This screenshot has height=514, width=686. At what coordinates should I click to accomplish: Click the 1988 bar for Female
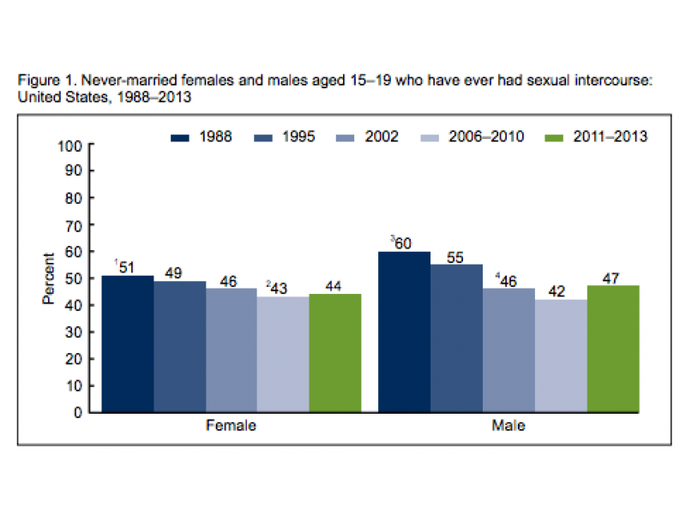pyautogui.click(x=128, y=344)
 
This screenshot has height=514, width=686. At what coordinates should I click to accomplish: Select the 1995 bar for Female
pyautogui.click(x=179, y=346)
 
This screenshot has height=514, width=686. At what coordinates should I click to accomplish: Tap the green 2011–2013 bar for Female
pyautogui.click(x=334, y=353)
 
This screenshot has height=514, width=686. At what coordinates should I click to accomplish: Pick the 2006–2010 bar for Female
pyautogui.click(x=283, y=354)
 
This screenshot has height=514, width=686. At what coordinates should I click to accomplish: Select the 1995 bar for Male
pyautogui.click(x=456, y=338)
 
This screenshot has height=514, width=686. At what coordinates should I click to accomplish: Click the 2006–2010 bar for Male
pyautogui.click(x=561, y=356)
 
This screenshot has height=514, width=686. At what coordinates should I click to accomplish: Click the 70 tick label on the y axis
pyautogui.click(x=74, y=224)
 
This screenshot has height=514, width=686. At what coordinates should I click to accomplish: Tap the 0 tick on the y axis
pyautogui.click(x=78, y=412)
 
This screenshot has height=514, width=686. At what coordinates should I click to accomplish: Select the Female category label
pyautogui.click(x=231, y=426)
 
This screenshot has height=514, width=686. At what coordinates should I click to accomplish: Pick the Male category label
pyautogui.click(x=508, y=426)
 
